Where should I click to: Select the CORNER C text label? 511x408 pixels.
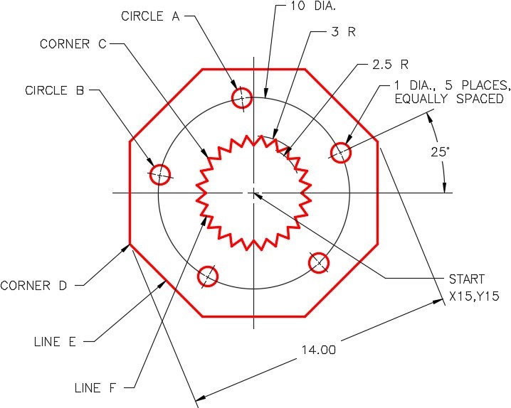point(73,44)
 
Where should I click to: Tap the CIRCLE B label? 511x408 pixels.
point(56,90)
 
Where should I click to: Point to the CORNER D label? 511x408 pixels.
point(35,286)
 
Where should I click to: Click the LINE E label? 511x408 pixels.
point(55,341)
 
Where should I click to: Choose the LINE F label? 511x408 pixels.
point(96,388)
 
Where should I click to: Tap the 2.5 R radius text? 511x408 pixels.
point(390,65)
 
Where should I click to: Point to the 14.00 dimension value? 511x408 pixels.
point(317,350)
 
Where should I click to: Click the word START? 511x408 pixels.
point(466,279)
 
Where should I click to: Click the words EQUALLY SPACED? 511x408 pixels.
point(448,99)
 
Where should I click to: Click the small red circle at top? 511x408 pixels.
point(242,97)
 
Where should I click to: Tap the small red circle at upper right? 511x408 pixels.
point(340,151)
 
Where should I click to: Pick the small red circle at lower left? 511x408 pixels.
point(207,276)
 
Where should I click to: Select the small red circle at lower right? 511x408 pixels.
point(318,262)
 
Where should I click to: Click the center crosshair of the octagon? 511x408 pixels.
point(253,192)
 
